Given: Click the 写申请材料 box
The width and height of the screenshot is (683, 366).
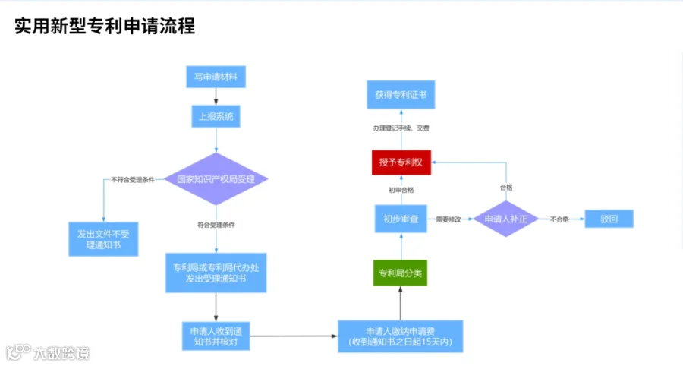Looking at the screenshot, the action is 216,77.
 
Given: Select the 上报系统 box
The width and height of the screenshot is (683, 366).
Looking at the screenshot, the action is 216,116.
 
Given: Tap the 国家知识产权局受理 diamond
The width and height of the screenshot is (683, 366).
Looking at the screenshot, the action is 216,178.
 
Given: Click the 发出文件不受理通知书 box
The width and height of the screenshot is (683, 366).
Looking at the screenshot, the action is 103,239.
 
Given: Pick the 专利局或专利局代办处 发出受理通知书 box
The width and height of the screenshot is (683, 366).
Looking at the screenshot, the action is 216,273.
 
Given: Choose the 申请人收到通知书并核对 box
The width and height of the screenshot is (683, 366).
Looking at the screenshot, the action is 216,336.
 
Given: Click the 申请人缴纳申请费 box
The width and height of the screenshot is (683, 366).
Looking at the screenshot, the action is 400,336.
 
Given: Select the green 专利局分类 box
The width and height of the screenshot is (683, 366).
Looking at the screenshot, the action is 400,273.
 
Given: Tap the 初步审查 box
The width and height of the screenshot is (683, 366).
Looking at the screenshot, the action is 401,219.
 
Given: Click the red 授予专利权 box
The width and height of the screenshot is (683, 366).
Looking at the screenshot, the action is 401,162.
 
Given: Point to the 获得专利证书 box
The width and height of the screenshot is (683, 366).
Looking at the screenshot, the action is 401,95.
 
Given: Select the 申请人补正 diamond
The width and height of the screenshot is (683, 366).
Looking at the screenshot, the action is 505,219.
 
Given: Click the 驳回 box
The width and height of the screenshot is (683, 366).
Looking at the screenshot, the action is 609,219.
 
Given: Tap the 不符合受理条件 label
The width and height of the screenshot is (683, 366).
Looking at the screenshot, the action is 133,179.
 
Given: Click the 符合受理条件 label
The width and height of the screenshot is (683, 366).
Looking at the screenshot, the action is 216,225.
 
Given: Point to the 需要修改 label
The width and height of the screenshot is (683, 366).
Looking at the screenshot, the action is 449,219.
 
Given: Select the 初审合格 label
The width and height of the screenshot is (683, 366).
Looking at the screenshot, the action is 401,190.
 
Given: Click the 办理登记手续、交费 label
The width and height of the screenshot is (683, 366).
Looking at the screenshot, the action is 401,128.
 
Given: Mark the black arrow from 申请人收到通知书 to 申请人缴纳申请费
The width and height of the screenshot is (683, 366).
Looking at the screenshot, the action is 294,336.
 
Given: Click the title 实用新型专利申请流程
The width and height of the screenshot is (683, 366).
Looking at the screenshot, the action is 105,26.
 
